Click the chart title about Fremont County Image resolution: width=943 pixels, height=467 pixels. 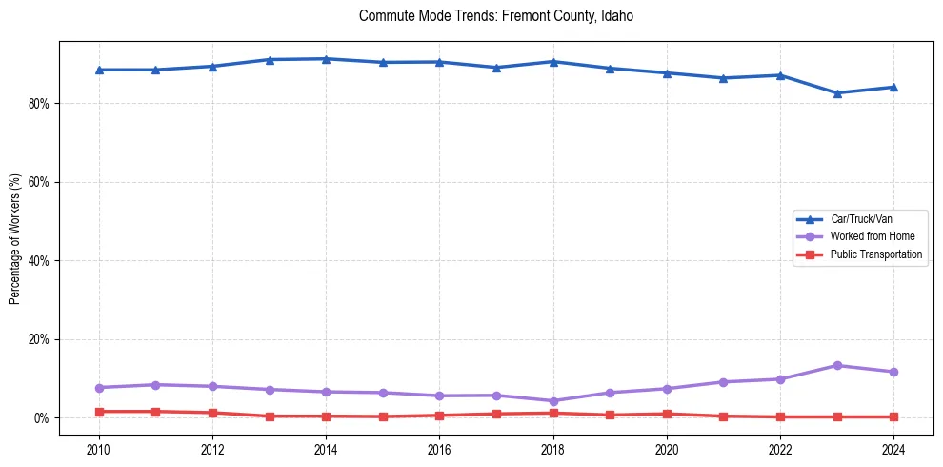[495, 16]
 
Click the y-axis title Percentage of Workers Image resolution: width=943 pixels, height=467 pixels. [14, 238]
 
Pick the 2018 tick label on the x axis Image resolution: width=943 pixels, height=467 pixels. [552, 449]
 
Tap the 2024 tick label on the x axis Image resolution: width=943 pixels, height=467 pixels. [893, 449]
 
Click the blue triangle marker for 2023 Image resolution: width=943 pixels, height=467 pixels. [837, 93]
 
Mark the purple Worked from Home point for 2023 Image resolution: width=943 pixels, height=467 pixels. [837, 365]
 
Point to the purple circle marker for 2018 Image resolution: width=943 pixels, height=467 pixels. [552, 401]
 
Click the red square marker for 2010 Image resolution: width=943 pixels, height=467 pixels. [99, 412]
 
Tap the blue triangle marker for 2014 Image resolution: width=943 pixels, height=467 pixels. [326, 59]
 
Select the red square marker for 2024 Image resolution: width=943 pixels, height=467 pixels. [893, 416]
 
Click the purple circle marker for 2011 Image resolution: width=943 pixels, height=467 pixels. [155, 385]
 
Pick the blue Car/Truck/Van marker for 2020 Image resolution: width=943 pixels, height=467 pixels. [667, 73]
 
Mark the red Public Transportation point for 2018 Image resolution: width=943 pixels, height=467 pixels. [552, 413]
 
